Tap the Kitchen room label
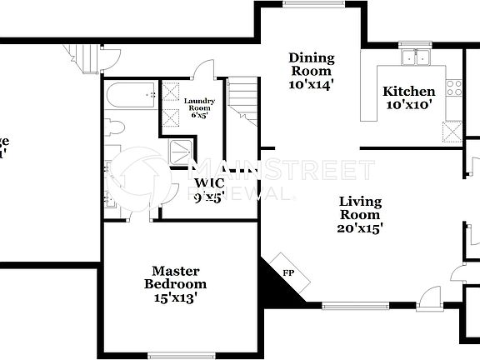(x=408, y=92)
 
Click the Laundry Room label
(x=199, y=106)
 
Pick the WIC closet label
(x=208, y=184)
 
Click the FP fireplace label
(x=288, y=272)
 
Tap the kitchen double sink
(x=414, y=57)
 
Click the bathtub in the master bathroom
(x=132, y=97)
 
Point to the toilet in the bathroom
(x=116, y=128)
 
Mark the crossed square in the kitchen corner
(x=452, y=132)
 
